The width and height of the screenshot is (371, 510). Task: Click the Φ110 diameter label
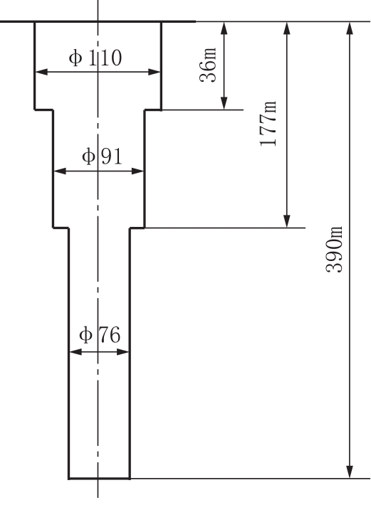point(95,58)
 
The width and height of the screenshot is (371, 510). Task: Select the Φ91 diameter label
point(102,156)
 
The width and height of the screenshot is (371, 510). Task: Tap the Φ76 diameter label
point(100,335)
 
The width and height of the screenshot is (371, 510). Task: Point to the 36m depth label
point(208,65)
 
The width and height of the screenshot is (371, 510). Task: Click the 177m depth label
point(268,124)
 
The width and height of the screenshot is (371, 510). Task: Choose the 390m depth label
point(334,250)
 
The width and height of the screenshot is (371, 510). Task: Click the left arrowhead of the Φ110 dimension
point(41,72)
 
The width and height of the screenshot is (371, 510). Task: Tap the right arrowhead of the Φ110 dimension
point(154,72)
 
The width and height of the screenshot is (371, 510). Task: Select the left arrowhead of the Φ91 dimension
point(60,171)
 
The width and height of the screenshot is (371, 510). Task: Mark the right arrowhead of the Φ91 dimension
point(137,171)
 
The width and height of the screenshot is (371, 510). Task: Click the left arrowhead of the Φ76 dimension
point(75,351)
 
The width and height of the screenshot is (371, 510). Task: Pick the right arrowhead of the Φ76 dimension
point(122,351)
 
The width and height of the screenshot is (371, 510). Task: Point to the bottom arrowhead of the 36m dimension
point(224,103)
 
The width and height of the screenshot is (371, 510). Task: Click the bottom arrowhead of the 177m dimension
point(287,221)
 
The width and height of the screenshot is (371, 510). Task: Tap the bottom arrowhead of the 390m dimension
point(350,472)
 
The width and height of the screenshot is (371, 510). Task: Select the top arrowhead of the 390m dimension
point(350,28)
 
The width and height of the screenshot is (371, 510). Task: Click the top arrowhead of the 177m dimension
point(287,28)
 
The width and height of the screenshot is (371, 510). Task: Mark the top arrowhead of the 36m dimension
point(224,28)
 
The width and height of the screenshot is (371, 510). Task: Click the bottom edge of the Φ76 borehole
point(100,479)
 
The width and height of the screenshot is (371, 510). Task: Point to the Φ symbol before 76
point(85,335)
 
